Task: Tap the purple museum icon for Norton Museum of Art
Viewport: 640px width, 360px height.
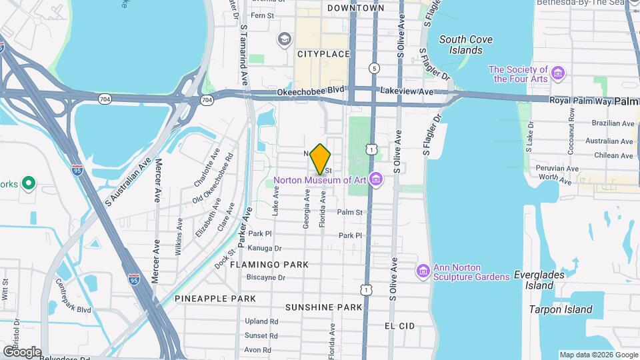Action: (x=376, y=179)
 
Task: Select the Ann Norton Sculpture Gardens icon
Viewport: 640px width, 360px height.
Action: (x=423, y=271)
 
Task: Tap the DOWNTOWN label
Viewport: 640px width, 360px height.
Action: (x=356, y=8)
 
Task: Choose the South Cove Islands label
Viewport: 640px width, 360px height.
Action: (x=466, y=45)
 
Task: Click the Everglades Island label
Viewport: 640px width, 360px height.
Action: (x=539, y=279)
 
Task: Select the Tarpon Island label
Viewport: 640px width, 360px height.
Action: (x=561, y=309)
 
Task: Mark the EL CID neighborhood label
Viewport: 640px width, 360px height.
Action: (x=400, y=325)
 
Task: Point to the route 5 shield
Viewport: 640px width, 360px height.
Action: (x=375, y=68)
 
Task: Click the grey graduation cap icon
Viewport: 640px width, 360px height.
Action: (x=285, y=39)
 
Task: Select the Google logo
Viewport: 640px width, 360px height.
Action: (x=21, y=351)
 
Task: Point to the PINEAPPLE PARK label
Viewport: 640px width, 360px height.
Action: (x=206, y=299)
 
